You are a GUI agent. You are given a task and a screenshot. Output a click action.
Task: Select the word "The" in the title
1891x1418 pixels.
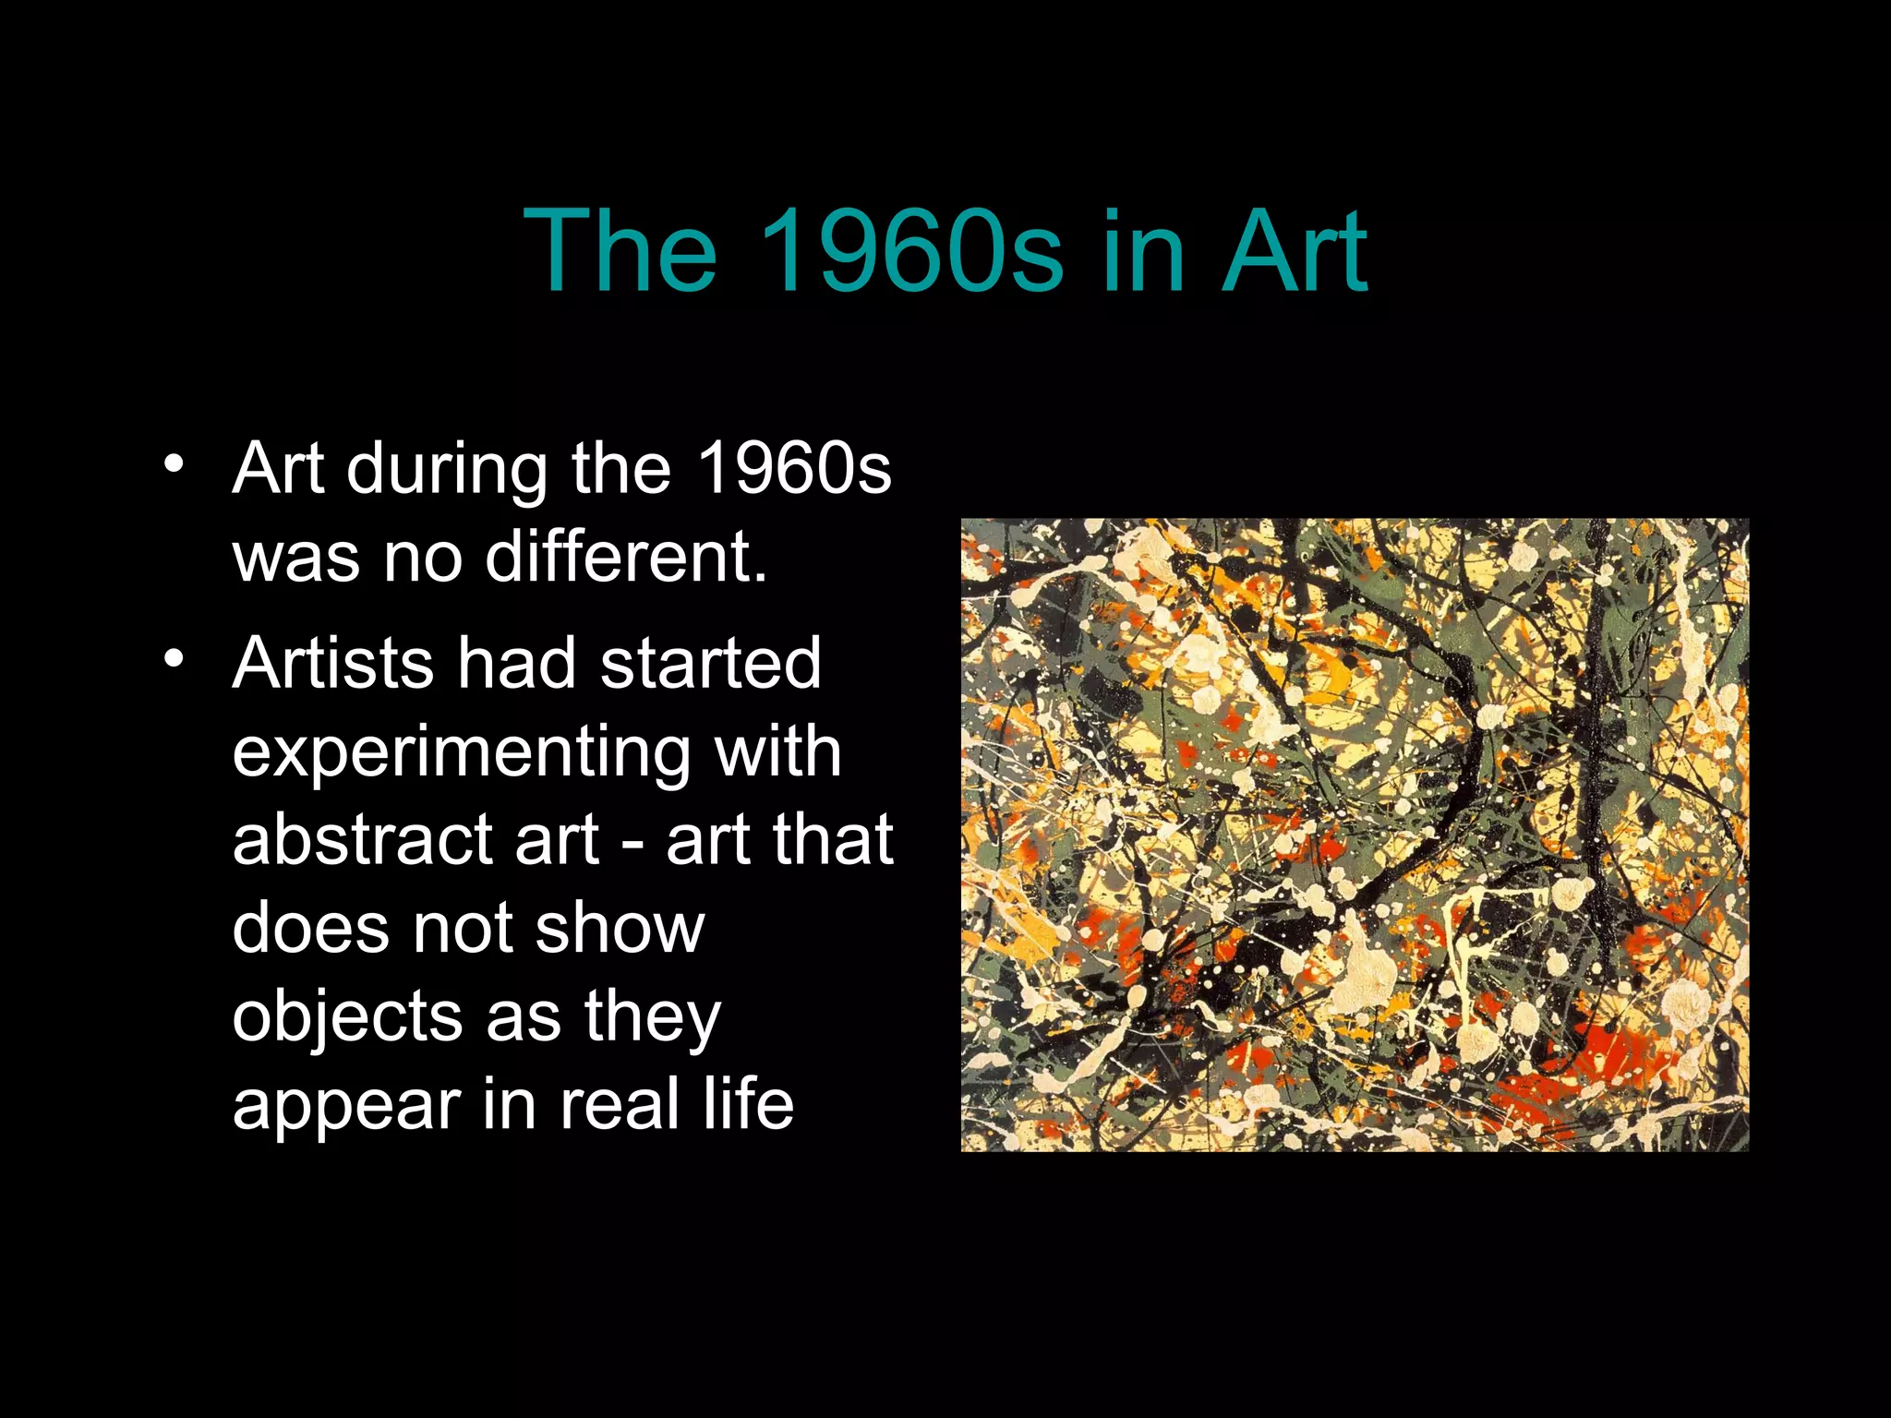[620, 251]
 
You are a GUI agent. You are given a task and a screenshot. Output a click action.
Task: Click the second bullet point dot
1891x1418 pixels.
[173, 658]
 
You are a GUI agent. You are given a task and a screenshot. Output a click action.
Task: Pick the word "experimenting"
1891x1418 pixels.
[461, 752]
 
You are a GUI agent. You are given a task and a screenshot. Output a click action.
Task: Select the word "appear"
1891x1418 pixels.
[346, 1106]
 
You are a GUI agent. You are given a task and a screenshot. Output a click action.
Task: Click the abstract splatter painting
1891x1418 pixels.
[1355, 835]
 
